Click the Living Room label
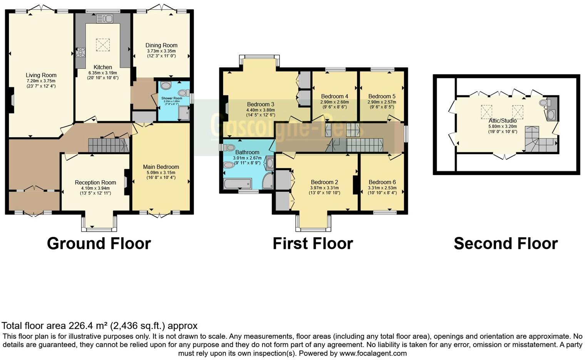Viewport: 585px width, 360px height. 41,75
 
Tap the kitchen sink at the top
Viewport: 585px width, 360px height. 104,18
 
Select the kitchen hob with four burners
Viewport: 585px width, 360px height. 81,52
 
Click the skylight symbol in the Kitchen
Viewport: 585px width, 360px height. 103,45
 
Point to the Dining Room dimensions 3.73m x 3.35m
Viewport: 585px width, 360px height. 161,51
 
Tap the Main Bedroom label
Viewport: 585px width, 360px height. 161,167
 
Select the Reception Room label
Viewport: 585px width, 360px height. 95,183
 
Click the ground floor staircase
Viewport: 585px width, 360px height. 108,146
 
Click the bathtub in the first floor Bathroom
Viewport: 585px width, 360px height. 237,183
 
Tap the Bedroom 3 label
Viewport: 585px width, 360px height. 261,104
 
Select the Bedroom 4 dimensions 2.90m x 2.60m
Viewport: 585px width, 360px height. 334,102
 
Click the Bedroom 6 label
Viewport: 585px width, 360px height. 382,182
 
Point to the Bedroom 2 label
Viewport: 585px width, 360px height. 324,182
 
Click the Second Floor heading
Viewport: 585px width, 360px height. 506,243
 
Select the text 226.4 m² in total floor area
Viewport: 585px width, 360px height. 88,326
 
